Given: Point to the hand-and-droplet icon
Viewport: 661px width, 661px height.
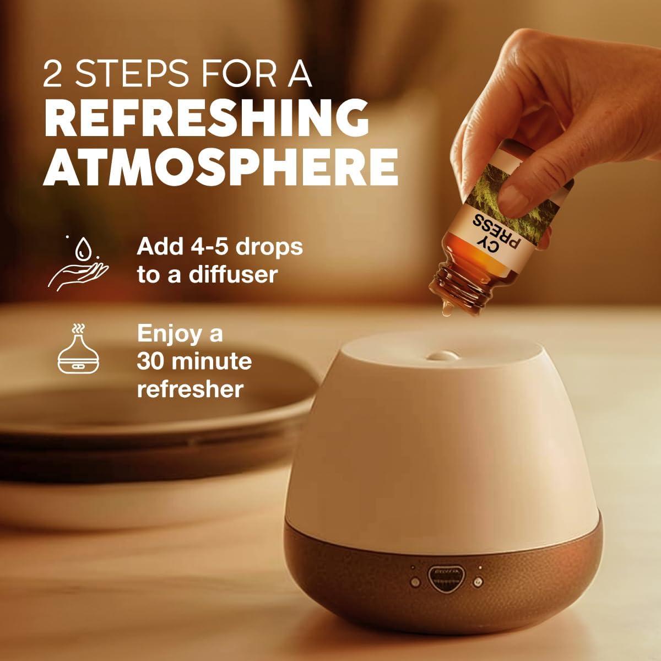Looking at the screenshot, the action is [78, 262].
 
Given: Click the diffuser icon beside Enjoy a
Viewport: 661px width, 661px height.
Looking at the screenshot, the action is [78, 348].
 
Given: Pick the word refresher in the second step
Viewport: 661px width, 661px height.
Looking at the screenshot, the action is [191, 389].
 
